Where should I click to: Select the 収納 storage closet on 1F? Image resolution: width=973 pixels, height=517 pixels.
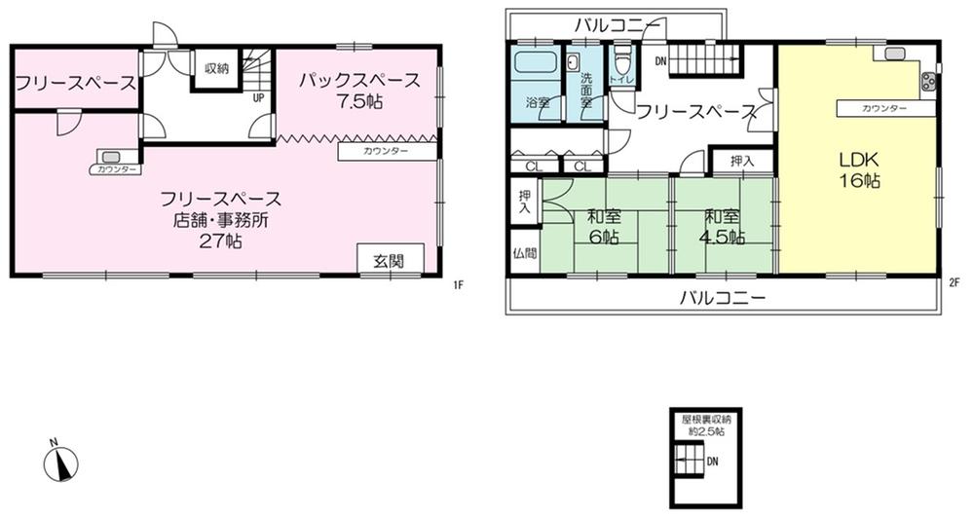(x=217, y=69)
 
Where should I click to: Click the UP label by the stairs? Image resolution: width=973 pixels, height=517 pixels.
(x=258, y=97)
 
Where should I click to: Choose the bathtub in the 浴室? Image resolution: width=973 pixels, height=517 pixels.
(x=533, y=66)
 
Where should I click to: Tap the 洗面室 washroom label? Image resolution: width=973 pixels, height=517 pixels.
(x=586, y=90)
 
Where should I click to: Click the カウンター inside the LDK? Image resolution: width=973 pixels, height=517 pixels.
(x=883, y=107)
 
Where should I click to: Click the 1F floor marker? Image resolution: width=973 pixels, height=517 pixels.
(x=457, y=284)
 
